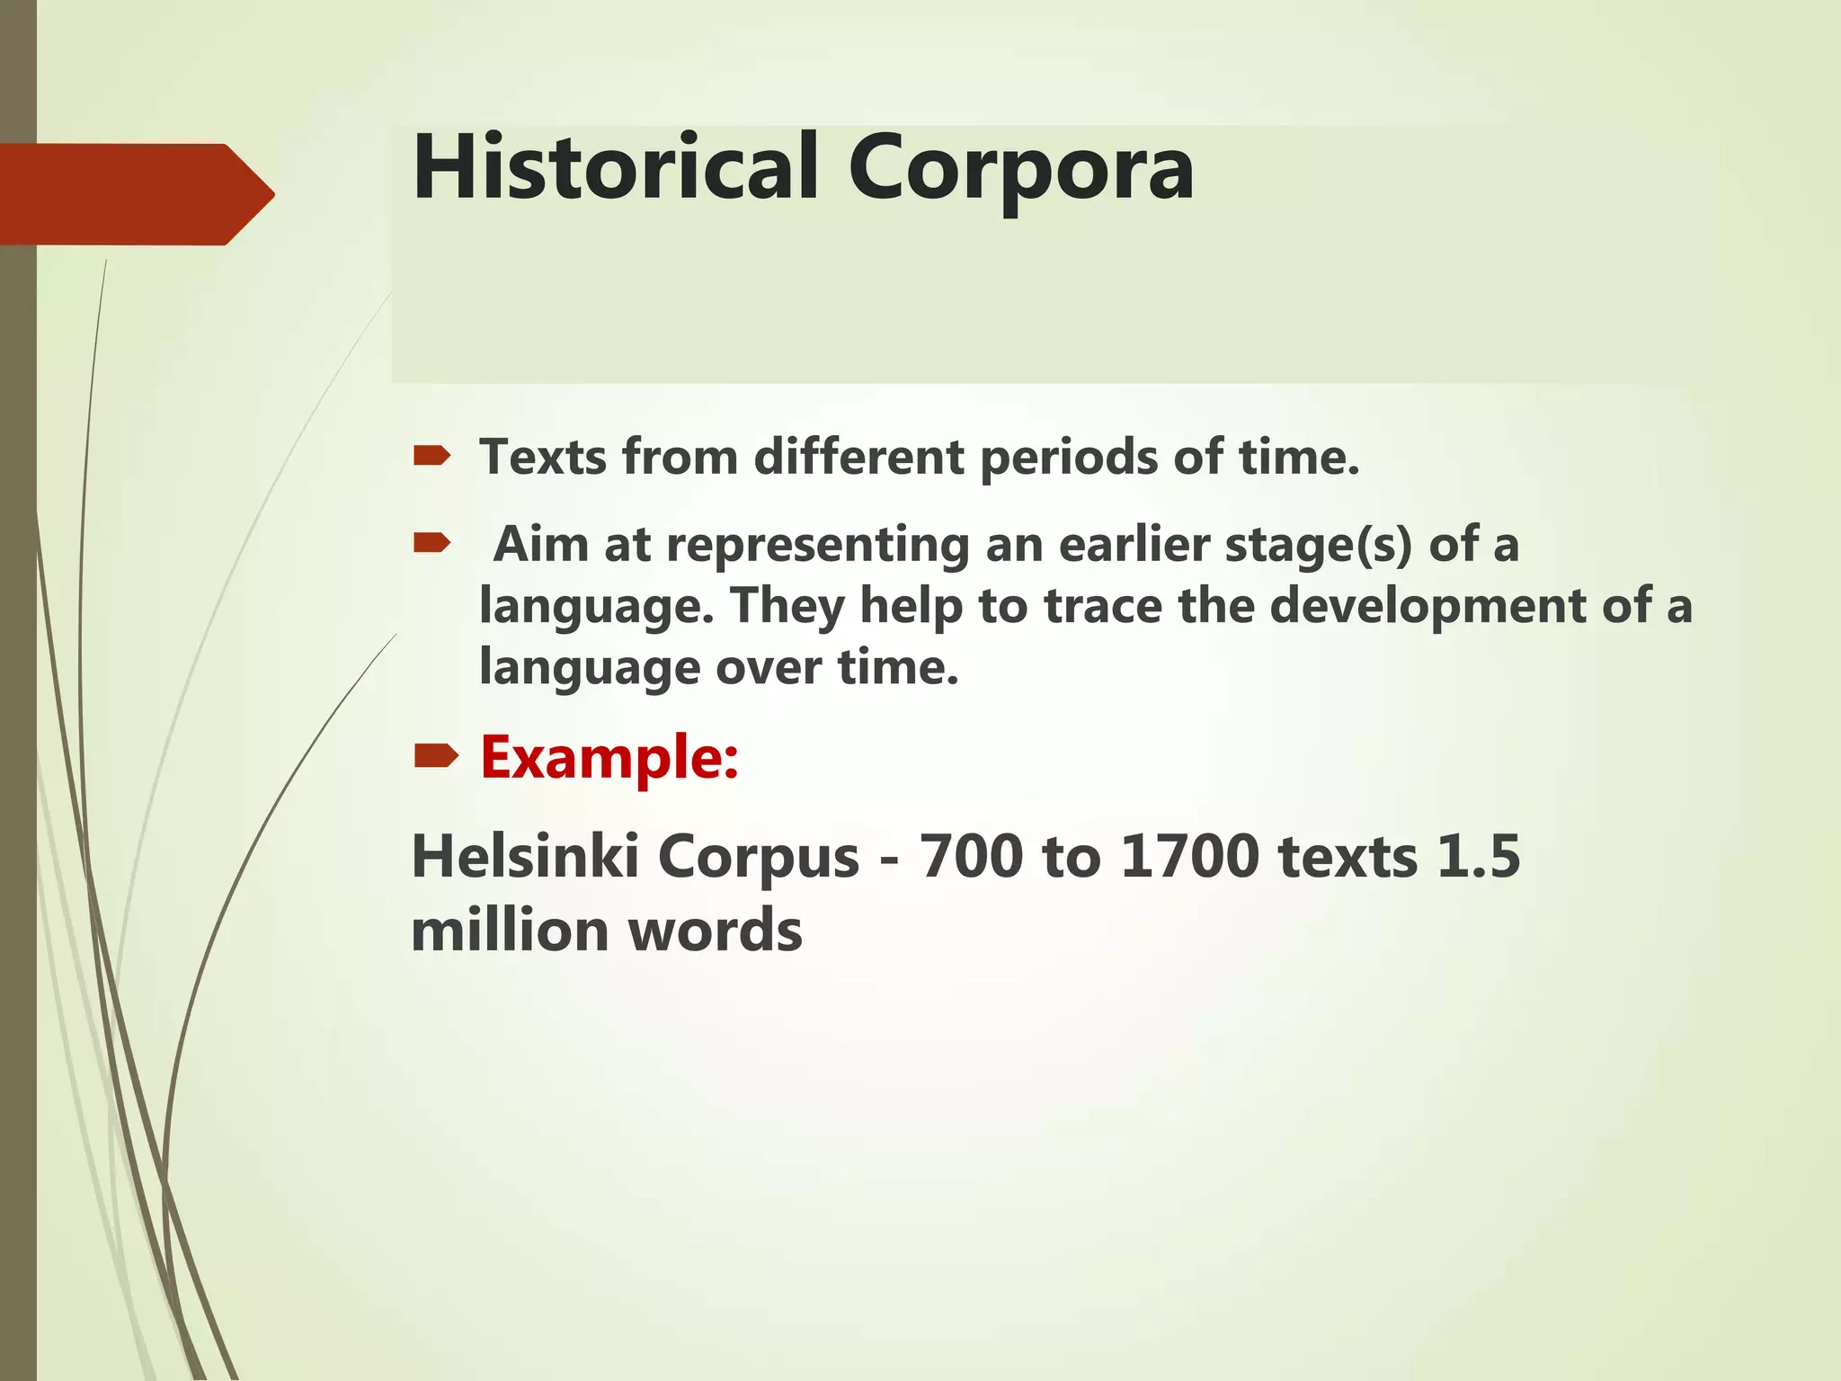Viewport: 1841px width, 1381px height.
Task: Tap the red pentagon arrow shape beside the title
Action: [x=135, y=194]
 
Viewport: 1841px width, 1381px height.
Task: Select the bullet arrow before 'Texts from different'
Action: [x=431, y=458]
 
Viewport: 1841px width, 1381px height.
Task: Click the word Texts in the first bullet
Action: [x=542, y=457]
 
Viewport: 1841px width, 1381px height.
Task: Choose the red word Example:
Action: [x=609, y=757]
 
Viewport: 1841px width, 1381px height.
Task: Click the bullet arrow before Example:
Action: [x=436, y=758]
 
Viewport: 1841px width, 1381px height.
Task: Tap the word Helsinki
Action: [x=525, y=856]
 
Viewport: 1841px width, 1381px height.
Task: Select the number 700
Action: [x=971, y=856]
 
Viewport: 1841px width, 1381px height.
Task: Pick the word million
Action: [x=511, y=930]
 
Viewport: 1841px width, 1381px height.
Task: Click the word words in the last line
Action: [x=715, y=930]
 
